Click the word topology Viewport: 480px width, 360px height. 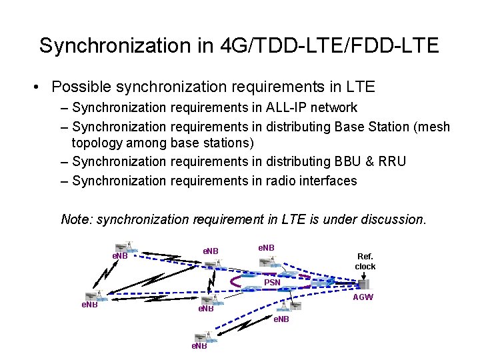pos(101,143)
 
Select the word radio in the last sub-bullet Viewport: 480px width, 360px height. pos(283,180)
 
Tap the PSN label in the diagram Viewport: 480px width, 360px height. pos(272,282)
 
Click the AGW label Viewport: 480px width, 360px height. pos(363,297)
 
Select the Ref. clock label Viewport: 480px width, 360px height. pos(365,261)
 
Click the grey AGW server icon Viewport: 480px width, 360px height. pos(364,284)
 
